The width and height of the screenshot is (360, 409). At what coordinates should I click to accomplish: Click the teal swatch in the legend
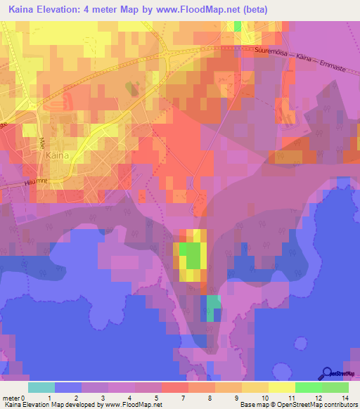click(41, 387)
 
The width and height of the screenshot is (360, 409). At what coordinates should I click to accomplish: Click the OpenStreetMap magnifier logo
click(328, 374)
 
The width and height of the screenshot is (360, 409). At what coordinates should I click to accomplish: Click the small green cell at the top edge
click(237, 26)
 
